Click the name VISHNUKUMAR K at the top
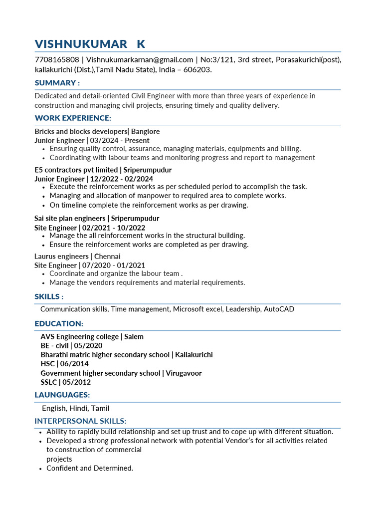(x=90, y=44)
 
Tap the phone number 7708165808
(x=56, y=60)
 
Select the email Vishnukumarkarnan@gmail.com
(x=139, y=60)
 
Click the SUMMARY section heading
(x=57, y=83)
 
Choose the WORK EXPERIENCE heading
(x=73, y=118)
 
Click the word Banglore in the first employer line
(x=145, y=131)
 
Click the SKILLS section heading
(x=49, y=297)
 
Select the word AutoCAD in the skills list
(x=279, y=309)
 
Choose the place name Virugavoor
(x=184, y=373)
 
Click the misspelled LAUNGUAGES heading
(x=62, y=395)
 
